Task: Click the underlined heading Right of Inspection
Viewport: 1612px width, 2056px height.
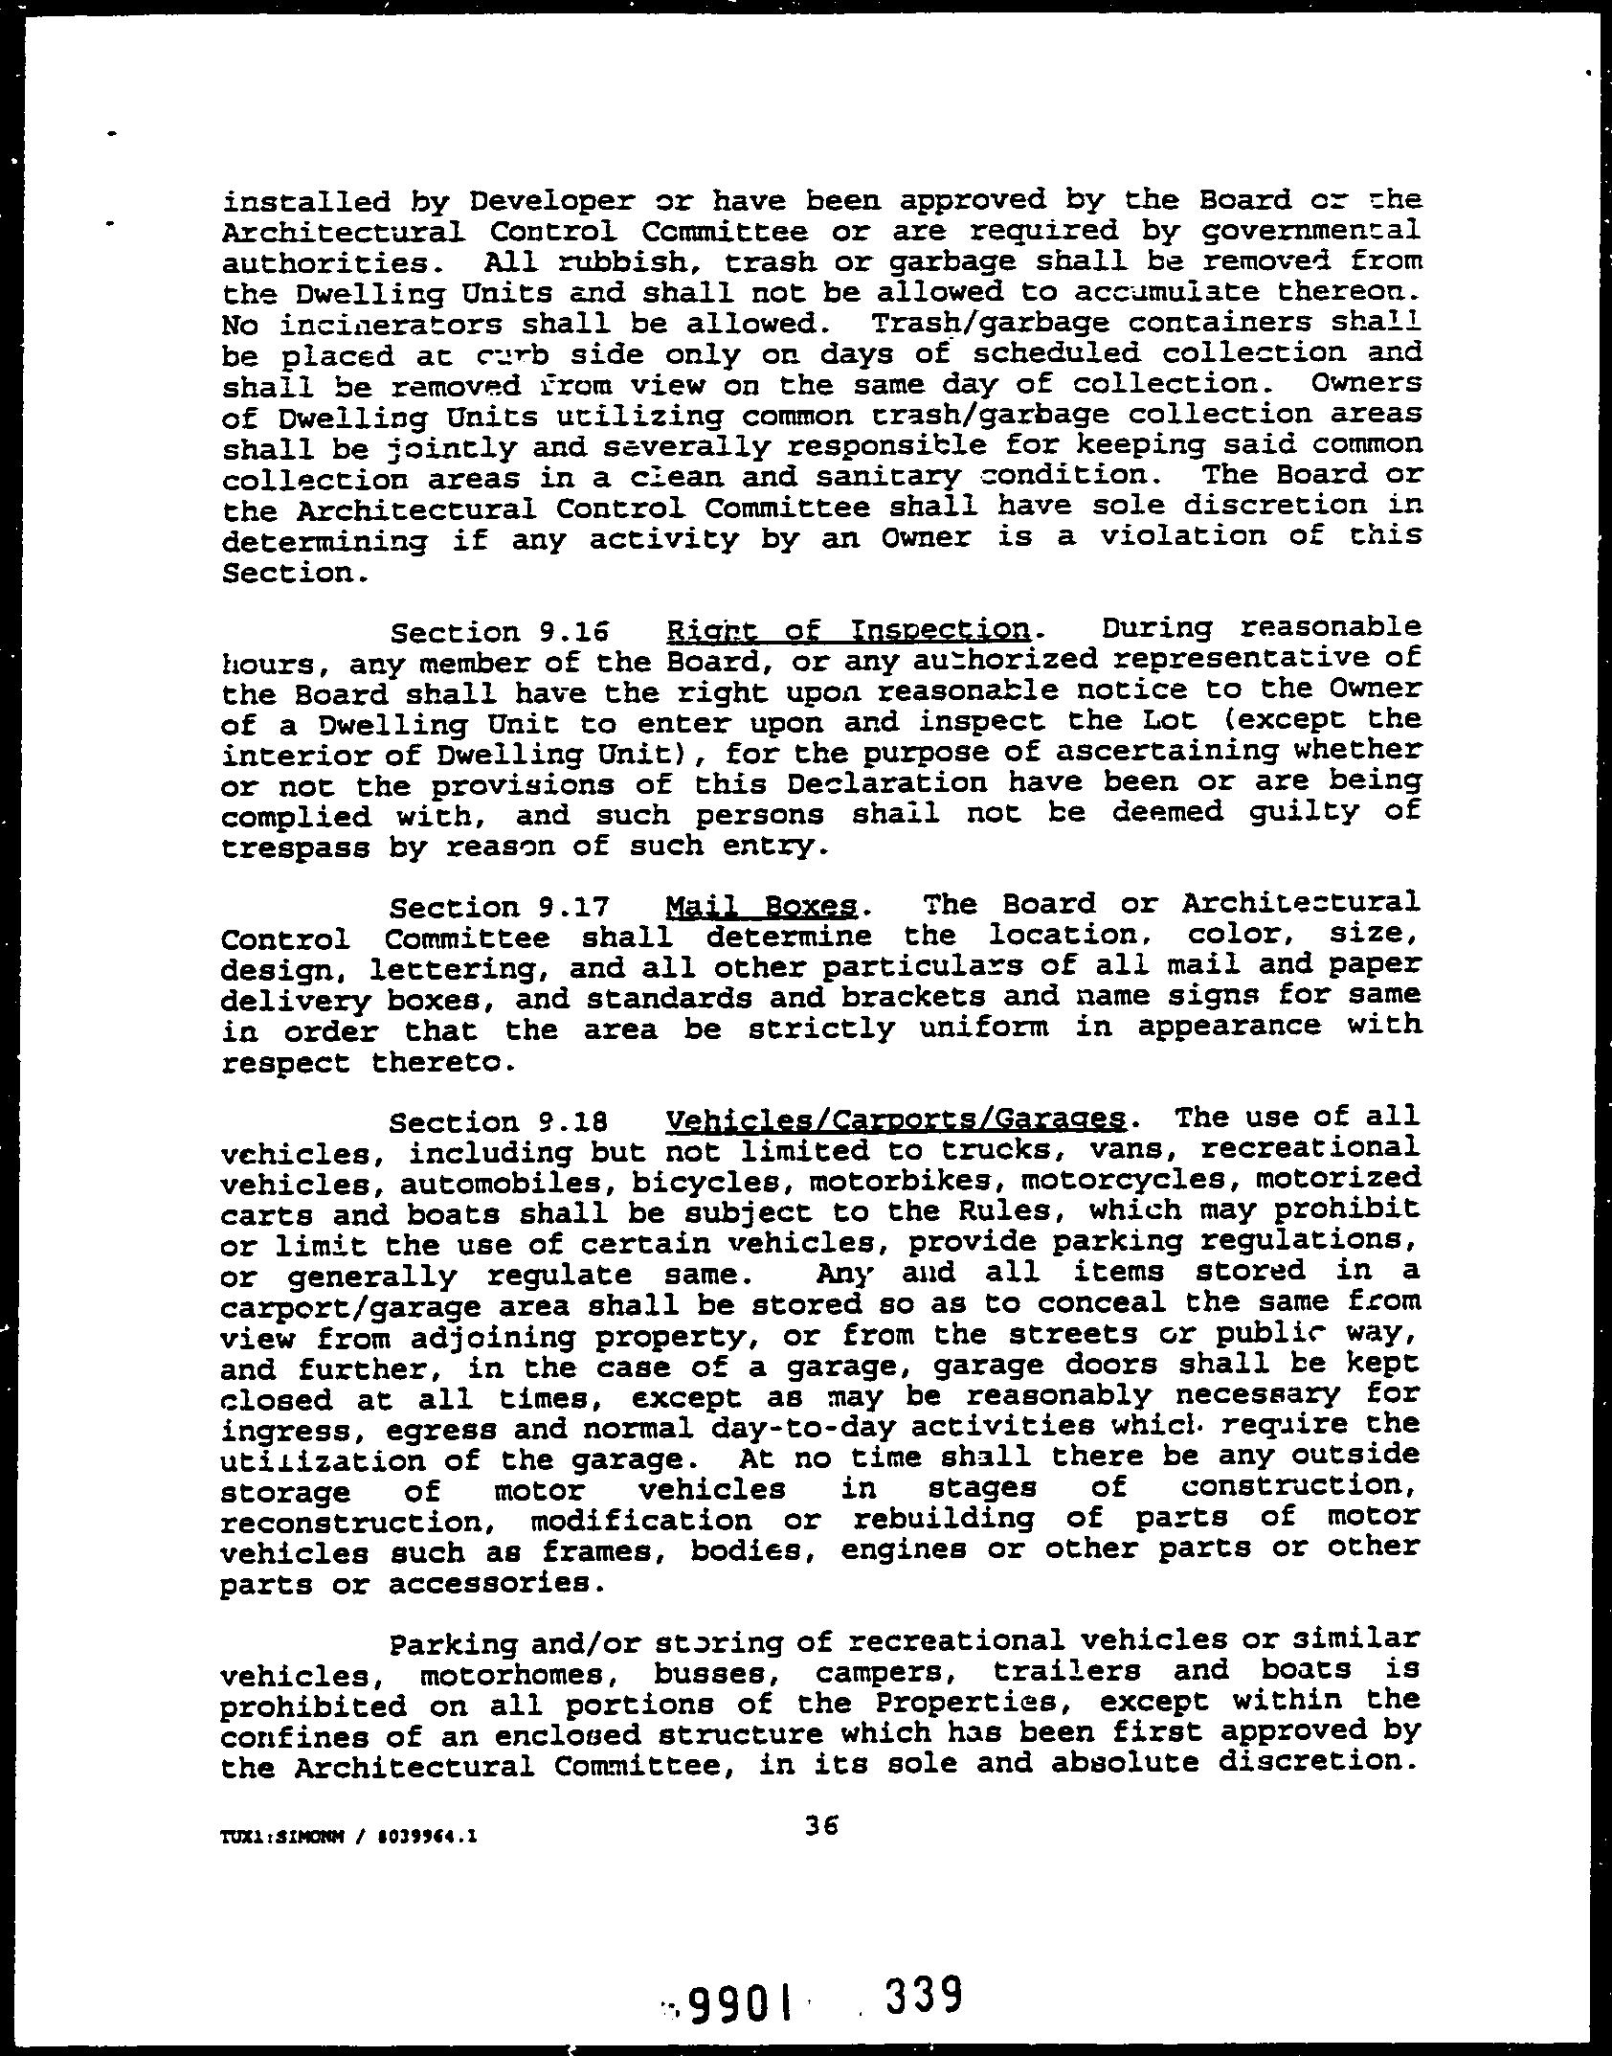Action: click(x=848, y=631)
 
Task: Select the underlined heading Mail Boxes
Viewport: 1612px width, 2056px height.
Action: click(x=761, y=905)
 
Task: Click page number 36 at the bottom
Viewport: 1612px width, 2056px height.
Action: click(x=821, y=1827)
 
